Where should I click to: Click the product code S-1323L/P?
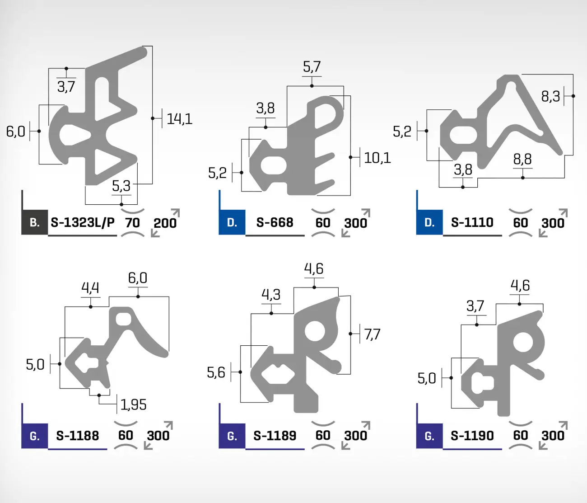tap(83, 222)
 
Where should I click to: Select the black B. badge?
tap(35, 222)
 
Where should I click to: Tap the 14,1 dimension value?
tap(179, 119)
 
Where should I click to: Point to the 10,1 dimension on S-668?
tap(377, 158)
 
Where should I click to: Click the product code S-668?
tap(275, 222)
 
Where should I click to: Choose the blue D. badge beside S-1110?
tap(429, 222)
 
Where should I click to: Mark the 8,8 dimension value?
tap(522, 159)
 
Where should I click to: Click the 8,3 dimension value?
tap(550, 97)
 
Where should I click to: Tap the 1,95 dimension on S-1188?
tap(134, 404)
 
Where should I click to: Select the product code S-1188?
tap(78, 436)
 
